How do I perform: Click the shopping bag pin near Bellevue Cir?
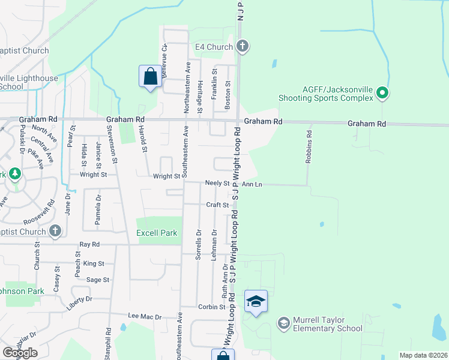click(x=150, y=76)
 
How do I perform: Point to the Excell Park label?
click(x=157, y=233)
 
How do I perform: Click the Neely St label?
click(x=218, y=183)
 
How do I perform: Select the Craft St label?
click(x=217, y=205)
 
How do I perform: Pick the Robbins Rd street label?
click(x=309, y=148)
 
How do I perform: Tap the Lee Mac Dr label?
click(x=145, y=316)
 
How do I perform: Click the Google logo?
click(x=20, y=353)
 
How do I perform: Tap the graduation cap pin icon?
click(x=256, y=301)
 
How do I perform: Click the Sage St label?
click(x=98, y=280)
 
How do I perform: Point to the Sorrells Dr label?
click(x=198, y=244)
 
